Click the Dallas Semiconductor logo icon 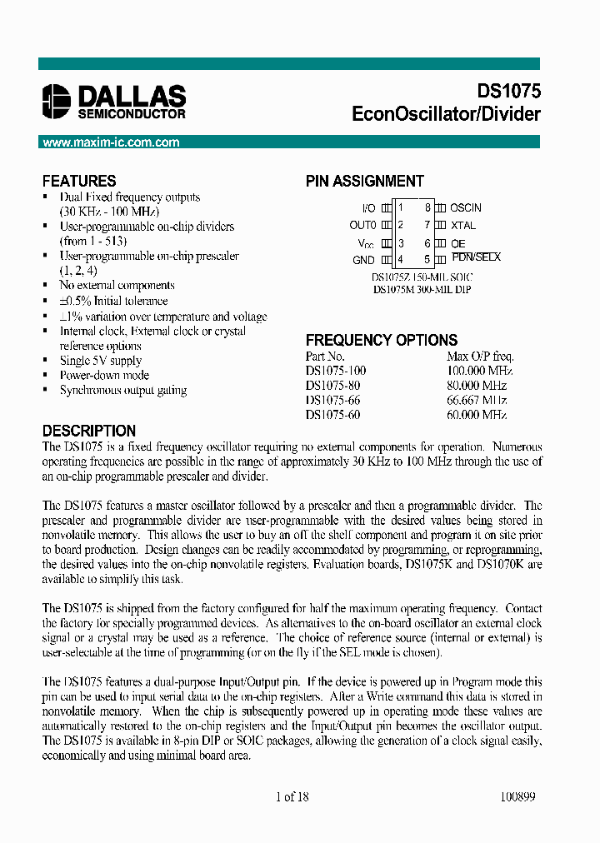57,101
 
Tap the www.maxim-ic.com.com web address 111,142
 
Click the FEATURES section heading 79,181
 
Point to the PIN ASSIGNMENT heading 364,181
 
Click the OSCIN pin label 466,207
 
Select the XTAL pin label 463,225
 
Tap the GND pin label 363,260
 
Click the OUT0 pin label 362,225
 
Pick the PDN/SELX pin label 476,257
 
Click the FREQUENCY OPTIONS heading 381,340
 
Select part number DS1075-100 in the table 336,371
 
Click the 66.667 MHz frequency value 477,400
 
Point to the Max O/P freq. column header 480,356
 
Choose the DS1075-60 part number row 332,414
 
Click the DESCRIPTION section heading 88,431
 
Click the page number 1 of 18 292,796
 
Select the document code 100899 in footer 517,796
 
